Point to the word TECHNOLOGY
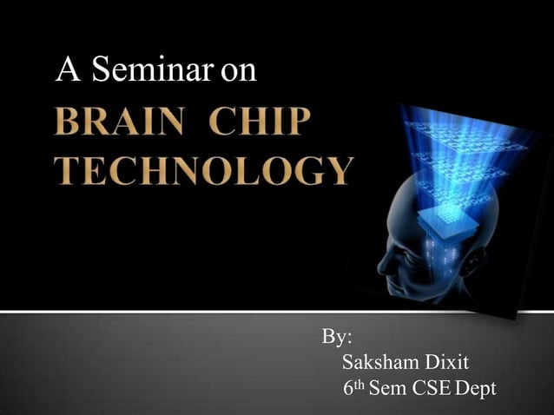click(x=204, y=170)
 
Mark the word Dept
click(x=477, y=388)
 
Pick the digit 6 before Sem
click(x=349, y=388)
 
